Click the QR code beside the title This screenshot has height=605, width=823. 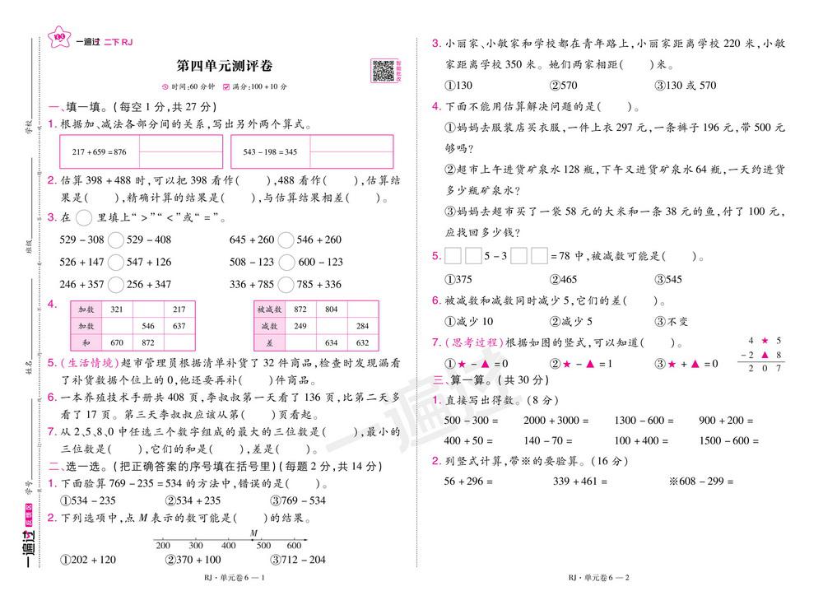382,71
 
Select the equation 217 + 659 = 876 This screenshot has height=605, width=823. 100,152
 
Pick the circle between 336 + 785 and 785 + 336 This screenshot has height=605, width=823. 286,285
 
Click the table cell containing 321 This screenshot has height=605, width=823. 116,309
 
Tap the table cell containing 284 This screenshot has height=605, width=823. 363,326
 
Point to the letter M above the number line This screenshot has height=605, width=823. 254,533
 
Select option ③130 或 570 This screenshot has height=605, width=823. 685,85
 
